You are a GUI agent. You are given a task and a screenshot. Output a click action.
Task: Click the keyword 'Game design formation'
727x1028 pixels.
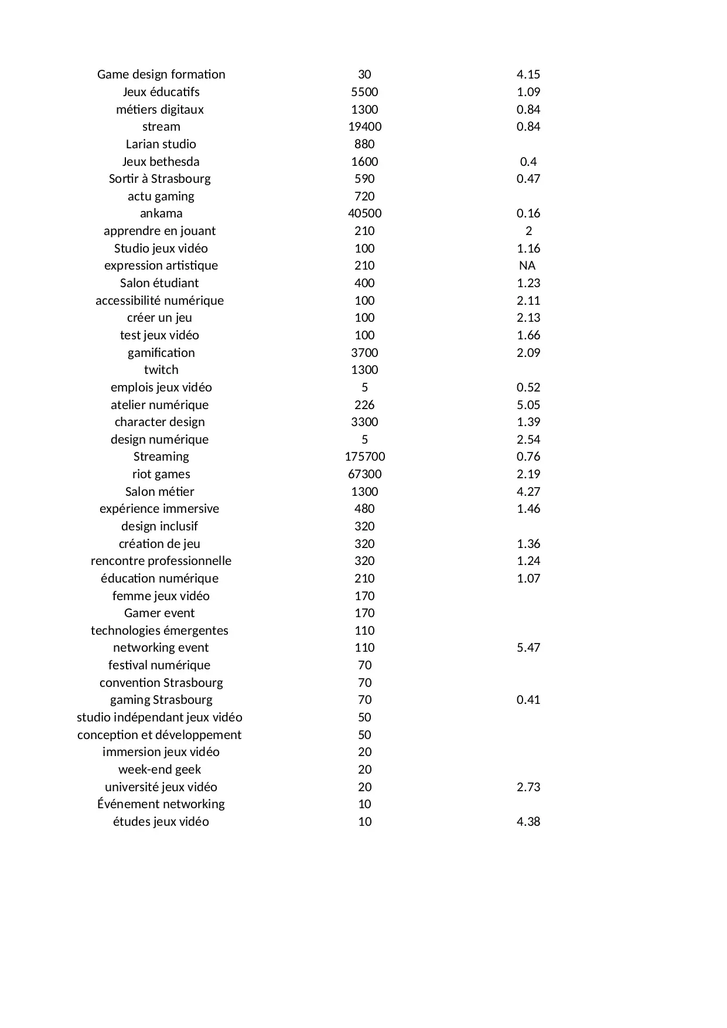click(161, 74)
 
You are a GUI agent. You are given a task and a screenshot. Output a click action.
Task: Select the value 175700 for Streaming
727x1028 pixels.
click(364, 457)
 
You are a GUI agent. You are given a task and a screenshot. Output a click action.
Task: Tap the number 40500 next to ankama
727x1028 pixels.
click(364, 213)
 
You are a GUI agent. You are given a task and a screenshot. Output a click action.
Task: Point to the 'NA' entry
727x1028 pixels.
click(527, 265)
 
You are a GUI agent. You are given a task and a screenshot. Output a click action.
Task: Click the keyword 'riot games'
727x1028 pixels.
click(161, 474)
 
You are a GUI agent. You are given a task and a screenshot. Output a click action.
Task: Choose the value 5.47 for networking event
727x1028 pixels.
click(528, 648)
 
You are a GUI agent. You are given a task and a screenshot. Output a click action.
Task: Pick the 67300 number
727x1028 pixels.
click(364, 474)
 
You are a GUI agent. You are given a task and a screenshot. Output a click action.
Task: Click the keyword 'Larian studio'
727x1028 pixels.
click(161, 144)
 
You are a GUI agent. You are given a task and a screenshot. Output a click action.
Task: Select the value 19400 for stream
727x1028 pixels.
click(364, 127)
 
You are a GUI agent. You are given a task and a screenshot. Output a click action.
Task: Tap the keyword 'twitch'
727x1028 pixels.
click(161, 370)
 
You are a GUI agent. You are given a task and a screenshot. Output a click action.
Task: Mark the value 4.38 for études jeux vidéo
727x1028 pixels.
click(528, 822)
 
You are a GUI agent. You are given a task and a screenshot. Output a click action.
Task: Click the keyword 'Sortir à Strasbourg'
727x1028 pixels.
click(160, 179)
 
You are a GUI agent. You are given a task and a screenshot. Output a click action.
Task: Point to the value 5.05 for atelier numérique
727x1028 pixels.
click(528, 405)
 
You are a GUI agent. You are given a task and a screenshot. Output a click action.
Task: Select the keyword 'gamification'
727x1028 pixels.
click(161, 353)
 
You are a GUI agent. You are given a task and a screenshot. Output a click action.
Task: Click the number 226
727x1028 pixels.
click(364, 405)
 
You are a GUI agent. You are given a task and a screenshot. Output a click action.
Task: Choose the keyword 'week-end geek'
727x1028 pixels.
click(160, 770)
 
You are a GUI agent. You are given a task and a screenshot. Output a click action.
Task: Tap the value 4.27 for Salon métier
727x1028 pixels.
click(528, 492)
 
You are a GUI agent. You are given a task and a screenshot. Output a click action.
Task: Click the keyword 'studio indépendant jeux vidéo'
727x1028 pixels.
click(159, 717)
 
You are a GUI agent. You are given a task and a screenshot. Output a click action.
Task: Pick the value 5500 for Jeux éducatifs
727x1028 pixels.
click(364, 92)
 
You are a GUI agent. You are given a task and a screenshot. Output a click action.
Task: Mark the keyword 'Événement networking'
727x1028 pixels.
click(161, 804)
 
